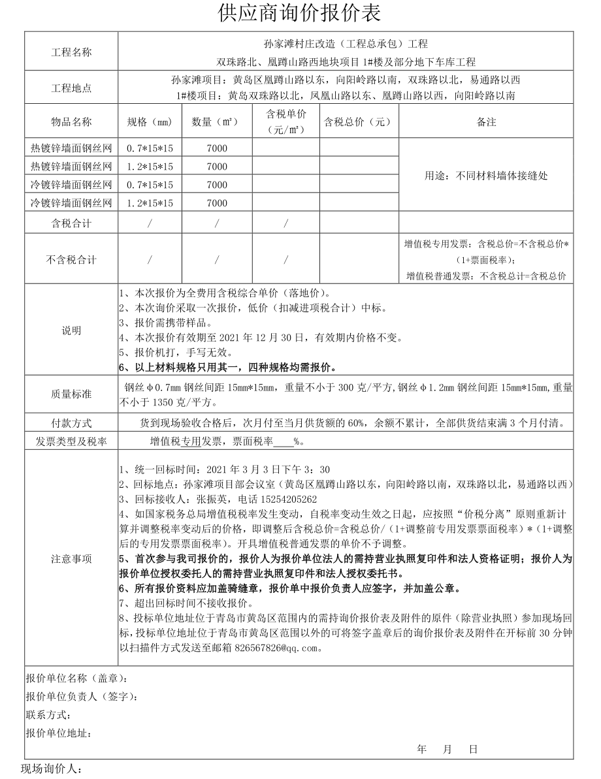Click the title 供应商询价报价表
300,14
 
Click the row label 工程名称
71,53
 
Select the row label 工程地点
71,87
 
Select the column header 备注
486,122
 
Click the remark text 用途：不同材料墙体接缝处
486,176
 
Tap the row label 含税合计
71,224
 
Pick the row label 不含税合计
71,260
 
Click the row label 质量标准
71,394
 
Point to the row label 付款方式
71,423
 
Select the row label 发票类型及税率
71,442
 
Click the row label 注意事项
71,559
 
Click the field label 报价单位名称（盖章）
76,679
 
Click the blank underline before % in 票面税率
284,443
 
